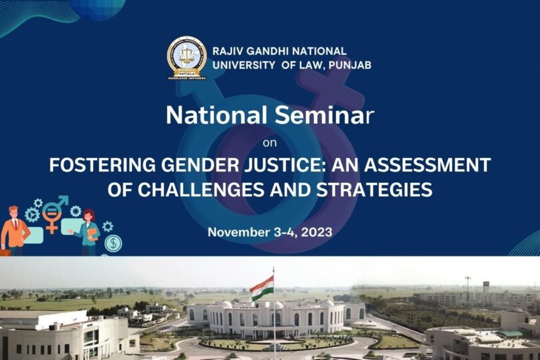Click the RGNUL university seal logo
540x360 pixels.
click(x=187, y=58)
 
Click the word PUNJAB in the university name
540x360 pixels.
click(x=350, y=65)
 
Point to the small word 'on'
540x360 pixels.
click(x=269, y=143)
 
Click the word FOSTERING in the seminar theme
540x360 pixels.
click(x=102, y=165)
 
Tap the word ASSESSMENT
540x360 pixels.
click(x=427, y=165)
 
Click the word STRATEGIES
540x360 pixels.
click(x=375, y=189)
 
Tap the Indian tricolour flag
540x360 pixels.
click(x=262, y=288)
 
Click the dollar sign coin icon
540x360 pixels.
click(x=113, y=243)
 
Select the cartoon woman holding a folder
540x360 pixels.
click(x=88, y=232)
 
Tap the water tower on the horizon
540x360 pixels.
click(x=486, y=286)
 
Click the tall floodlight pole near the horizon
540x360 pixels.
click(x=467, y=290)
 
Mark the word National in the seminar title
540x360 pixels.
click(x=217, y=115)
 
